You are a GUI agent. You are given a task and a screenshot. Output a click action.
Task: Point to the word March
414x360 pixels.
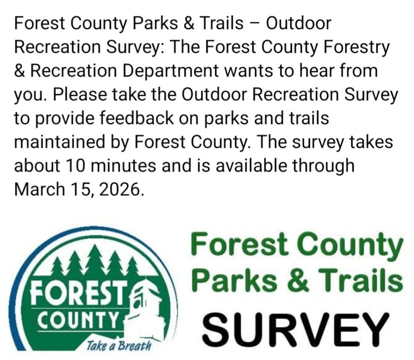[x=39, y=189]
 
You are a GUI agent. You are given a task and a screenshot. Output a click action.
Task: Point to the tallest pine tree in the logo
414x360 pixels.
[x=95, y=260]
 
